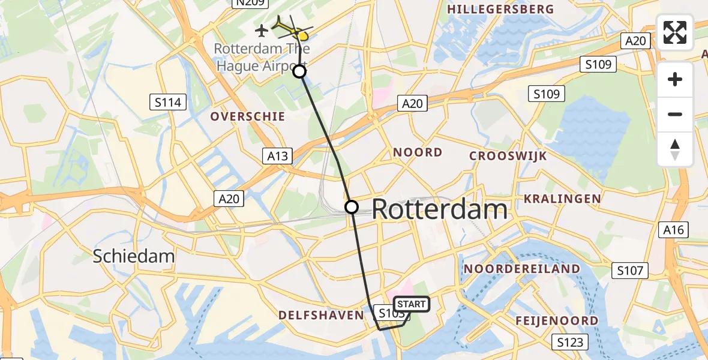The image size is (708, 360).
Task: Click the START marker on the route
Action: (x=411, y=305)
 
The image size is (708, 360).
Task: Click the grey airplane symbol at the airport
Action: (x=262, y=29)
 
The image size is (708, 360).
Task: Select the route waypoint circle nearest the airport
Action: (x=299, y=72)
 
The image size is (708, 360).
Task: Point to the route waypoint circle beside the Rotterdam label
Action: (x=352, y=207)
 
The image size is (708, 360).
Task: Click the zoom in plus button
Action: (x=675, y=79)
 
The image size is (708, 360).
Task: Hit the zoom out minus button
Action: (x=675, y=114)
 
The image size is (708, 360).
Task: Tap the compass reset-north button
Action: (x=675, y=149)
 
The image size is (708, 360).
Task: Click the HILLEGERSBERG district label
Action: (x=500, y=9)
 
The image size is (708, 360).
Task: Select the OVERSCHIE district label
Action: (x=247, y=116)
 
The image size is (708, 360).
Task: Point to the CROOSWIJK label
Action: (x=508, y=156)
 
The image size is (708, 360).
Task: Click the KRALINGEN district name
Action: (x=562, y=199)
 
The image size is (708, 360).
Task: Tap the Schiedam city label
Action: (x=134, y=257)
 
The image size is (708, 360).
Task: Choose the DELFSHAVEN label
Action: (x=321, y=315)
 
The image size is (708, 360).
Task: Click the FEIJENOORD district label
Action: (x=557, y=321)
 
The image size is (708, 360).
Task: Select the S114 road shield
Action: (x=167, y=103)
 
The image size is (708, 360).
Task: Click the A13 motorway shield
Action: (x=278, y=157)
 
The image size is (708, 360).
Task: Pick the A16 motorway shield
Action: (x=674, y=229)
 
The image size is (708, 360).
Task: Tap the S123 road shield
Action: (x=570, y=343)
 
